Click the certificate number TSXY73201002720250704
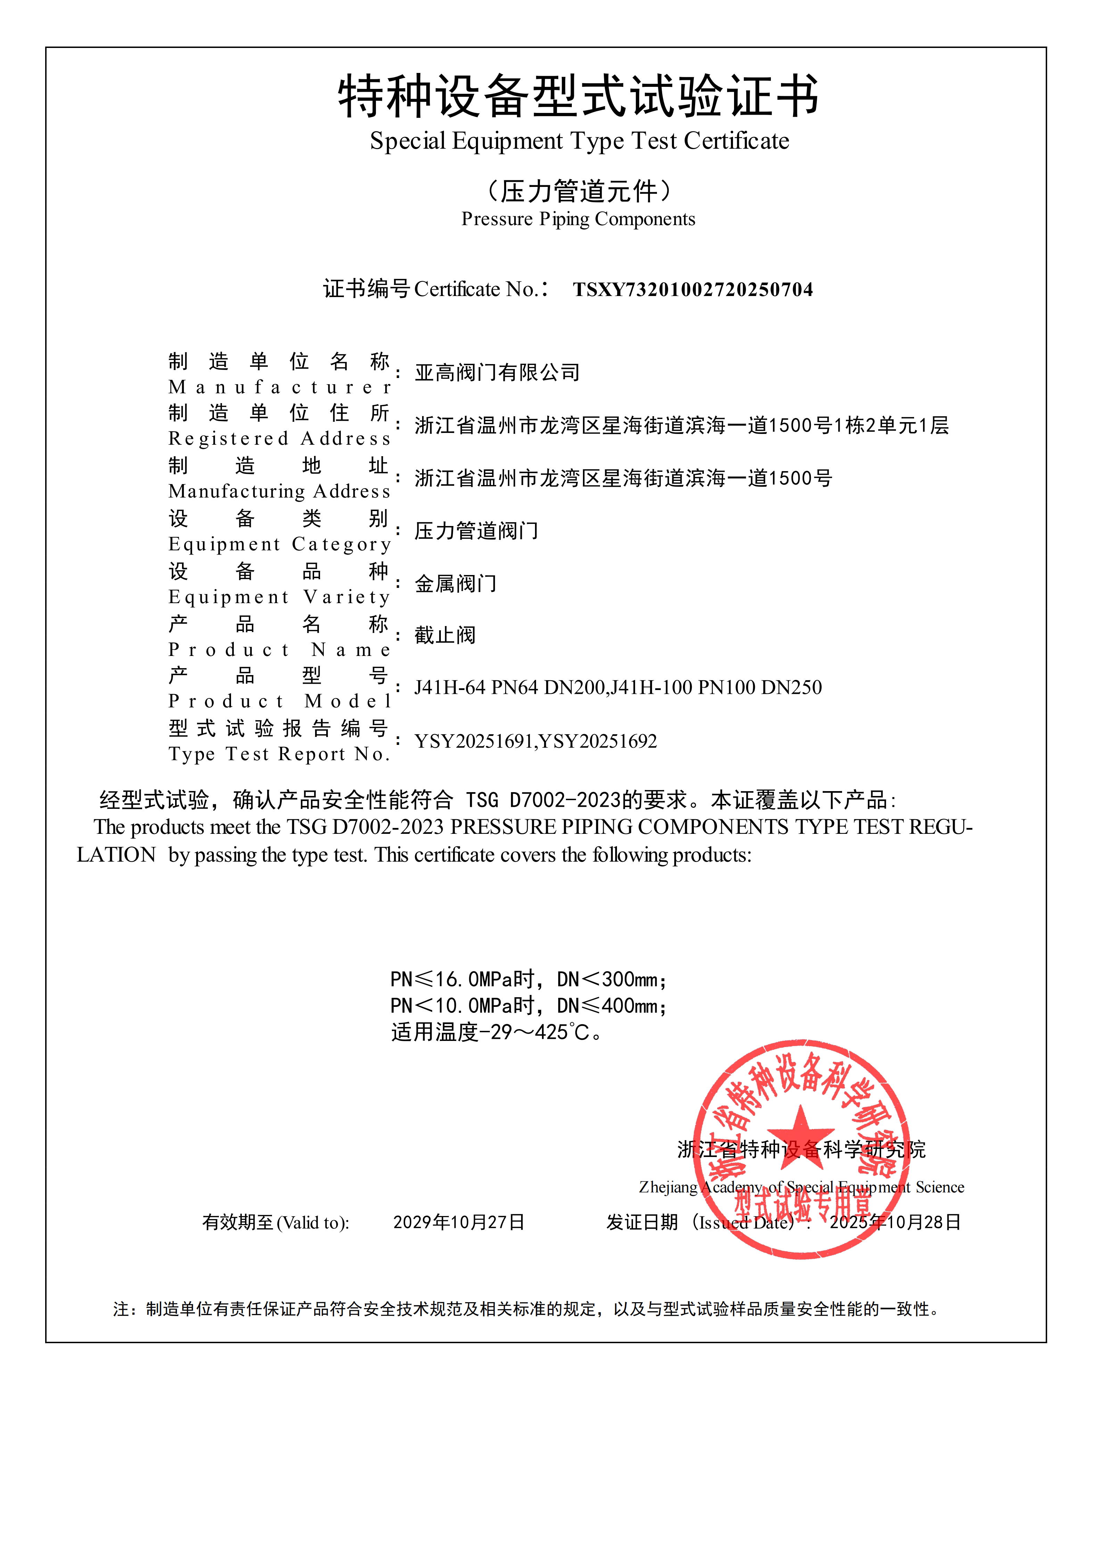693,290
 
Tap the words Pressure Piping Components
578,220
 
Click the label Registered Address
279,439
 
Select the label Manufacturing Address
279,491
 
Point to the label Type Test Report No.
279,754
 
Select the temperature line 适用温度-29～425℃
496,1033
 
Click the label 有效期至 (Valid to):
276,1223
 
